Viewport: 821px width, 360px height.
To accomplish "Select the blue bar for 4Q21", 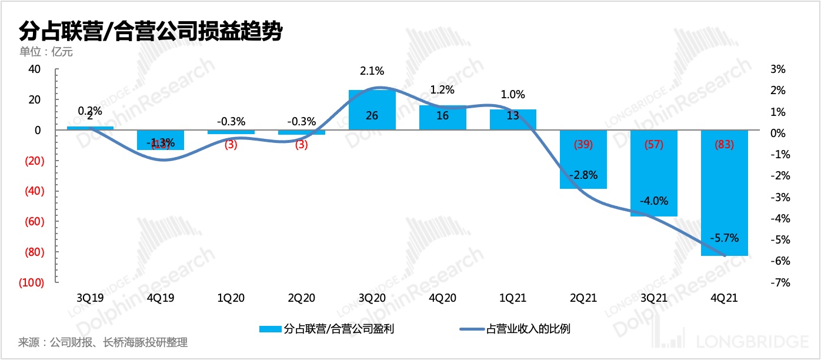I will pos(725,194).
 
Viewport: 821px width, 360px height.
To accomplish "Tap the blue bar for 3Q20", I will pos(372,110).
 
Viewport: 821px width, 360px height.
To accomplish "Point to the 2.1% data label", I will pos(372,71).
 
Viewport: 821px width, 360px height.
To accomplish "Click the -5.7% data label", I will pos(723,238).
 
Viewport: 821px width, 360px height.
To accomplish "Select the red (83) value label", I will pos(725,145).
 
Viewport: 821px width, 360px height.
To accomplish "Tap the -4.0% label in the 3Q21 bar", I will pos(654,201).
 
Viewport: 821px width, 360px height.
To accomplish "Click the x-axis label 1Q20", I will pos(231,298).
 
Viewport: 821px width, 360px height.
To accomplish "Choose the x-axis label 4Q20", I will pos(443,298).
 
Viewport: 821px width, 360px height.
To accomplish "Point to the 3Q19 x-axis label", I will pos(90,298).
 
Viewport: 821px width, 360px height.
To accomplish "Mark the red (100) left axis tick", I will pos(30,282).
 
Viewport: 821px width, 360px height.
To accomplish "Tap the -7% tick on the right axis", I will pos(777,282).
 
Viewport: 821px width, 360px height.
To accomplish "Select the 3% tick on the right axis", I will pos(778,69).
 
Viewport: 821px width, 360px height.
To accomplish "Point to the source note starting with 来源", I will pos(104,342).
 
